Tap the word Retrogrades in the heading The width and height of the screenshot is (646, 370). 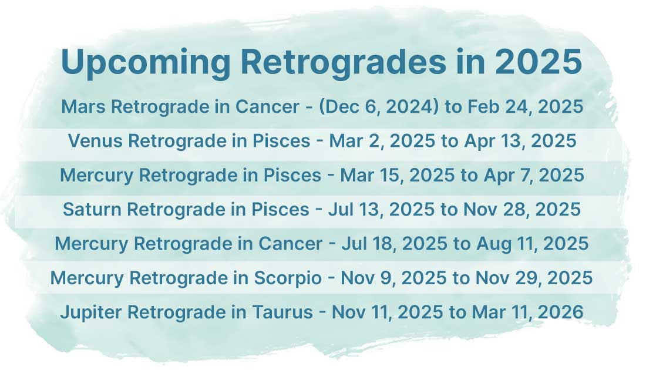pyautogui.click(x=344, y=62)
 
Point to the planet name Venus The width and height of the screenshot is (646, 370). pyautogui.click(x=95, y=140)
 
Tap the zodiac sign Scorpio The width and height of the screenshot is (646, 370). pyautogui.click(x=288, y=278)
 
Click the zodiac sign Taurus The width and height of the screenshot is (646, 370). pyautogui.click(x=282, y=312)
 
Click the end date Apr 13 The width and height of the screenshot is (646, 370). pyautogui.click(x=494, y=142)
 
